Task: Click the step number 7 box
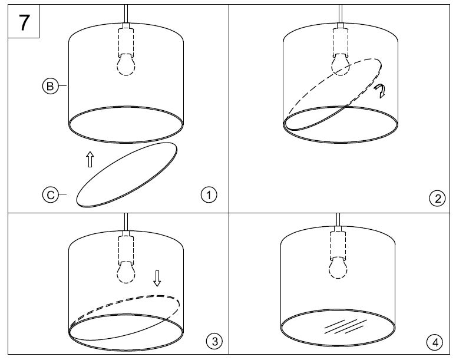click(24, 21)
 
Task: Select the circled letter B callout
click(50, 86)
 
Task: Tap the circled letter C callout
click(50, 195)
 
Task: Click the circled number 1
click(209, 195)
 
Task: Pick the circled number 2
click(437, 199)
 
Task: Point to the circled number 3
click(214, 341)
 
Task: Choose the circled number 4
click(435, 342)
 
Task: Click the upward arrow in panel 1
click(90, 159)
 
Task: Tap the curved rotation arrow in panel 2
click(380, 91)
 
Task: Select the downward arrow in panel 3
click(157, 278)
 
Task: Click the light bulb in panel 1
click(126, 65)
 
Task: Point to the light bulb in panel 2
click(341, 65)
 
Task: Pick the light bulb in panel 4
click(338, 267)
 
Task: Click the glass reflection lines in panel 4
click(345, 326)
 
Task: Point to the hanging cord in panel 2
click(341, 14)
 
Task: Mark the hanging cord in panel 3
click(126, 222)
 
